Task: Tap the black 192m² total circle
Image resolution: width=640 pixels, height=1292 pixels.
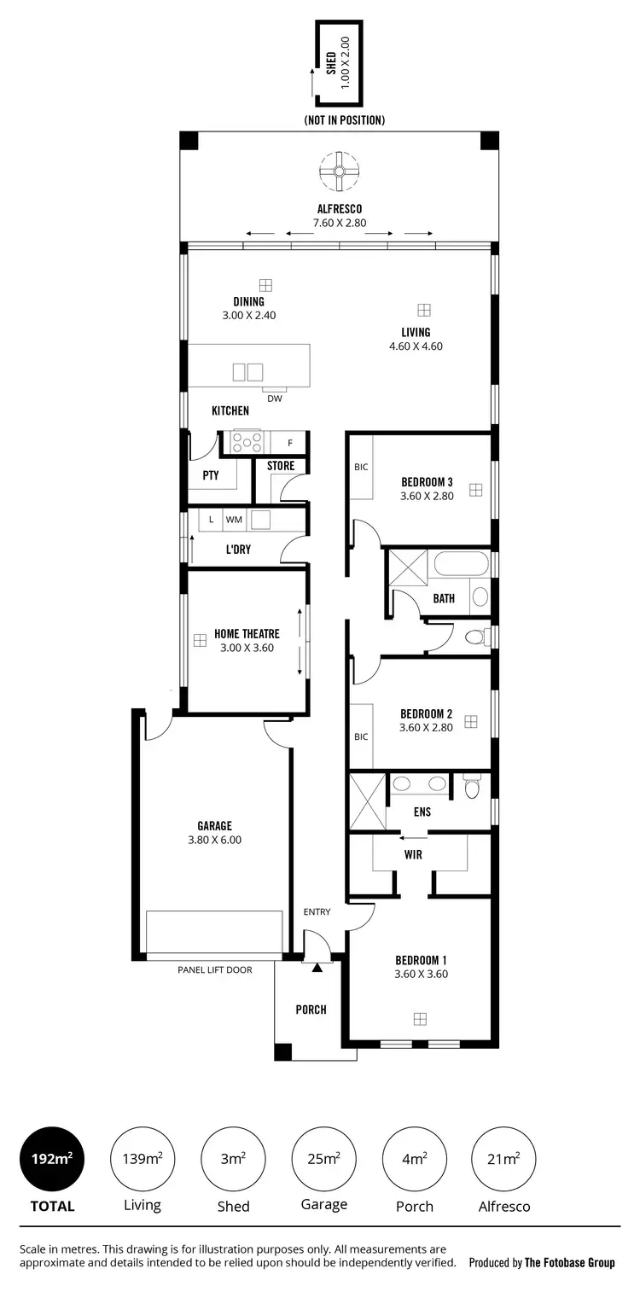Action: click(x=52, y=1158)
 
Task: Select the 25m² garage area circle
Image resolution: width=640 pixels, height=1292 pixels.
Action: click(x=323, y=1158)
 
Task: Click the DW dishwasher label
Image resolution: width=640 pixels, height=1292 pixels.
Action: click(x=274, y=399)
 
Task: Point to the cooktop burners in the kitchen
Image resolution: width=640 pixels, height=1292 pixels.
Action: click(x=247, y=442)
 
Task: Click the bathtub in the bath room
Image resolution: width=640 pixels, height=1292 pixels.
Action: click(x=461, y=565)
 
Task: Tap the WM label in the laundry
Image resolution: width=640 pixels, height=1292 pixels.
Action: click(x=233, y=519)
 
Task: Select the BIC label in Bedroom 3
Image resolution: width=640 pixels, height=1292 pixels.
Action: click(x=361, y=468)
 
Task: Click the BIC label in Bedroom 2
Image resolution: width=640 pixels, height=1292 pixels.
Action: click(x=361, y=736)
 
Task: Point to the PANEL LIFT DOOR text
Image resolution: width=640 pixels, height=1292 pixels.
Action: click(x=214, y=969)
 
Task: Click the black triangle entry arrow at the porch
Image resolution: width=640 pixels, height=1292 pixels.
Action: click(x=317, y=968)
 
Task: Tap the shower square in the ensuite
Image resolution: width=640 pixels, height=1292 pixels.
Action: click(x=368, y=801)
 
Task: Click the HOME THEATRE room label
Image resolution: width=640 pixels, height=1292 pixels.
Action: click(x=247, y=634)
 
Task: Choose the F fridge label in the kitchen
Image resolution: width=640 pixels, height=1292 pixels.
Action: click(x=290, y=443)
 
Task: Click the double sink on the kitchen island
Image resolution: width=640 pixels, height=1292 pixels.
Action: click(x=247, y=372)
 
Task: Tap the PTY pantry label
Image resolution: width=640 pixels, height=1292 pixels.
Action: click(x=211, y=476)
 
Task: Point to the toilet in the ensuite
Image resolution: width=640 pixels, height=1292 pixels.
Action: click(x=473, y=787)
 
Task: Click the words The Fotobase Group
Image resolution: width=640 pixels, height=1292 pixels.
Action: click(x=569, y=1263)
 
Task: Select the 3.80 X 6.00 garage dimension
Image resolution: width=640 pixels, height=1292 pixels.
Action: click(x=214, y=840)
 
